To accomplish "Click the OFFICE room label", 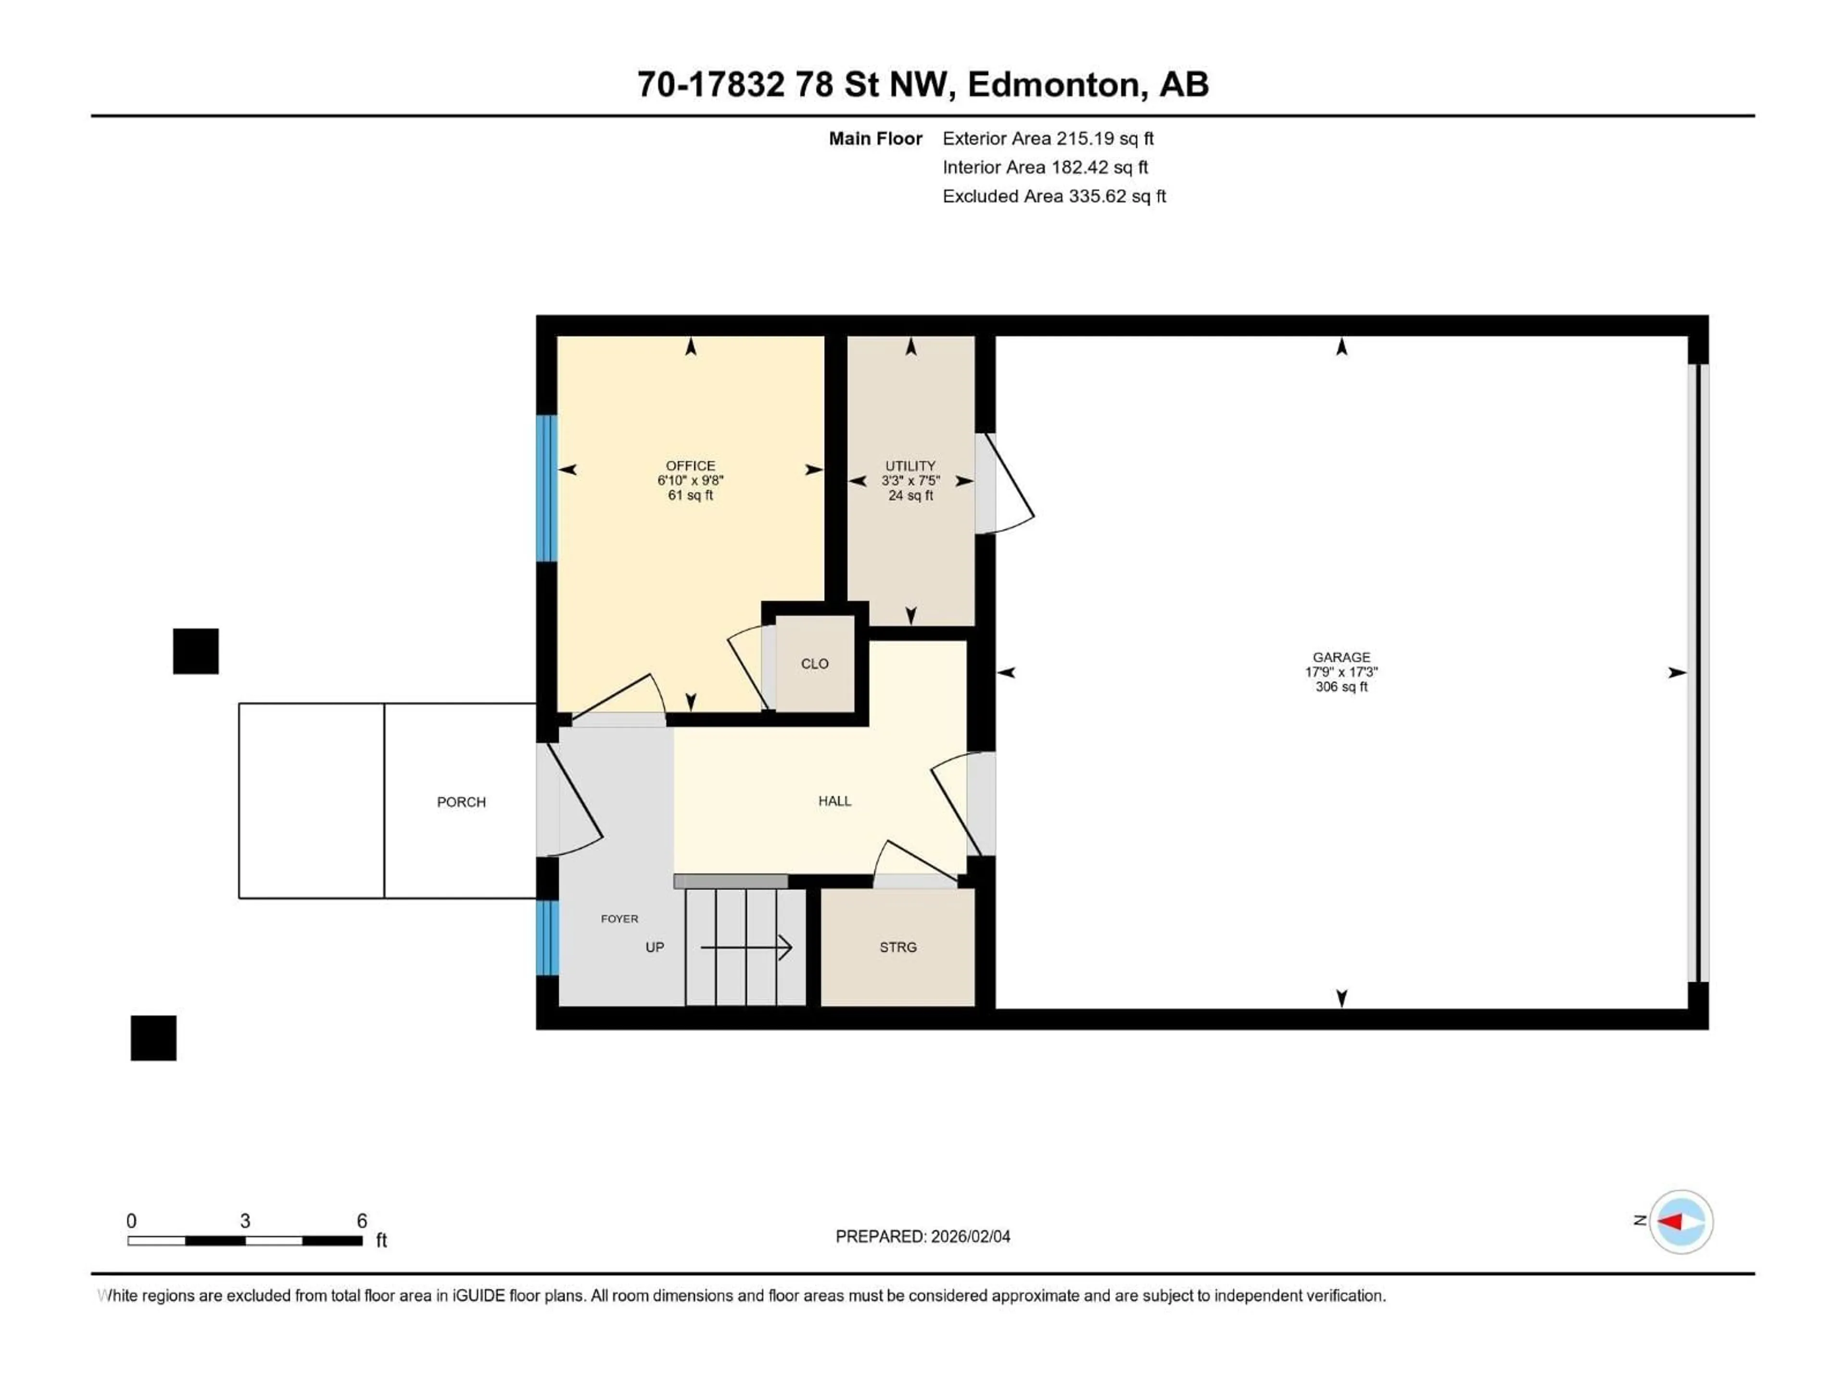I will [x=690, y=465].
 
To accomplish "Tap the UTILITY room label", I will [x=910, y=465].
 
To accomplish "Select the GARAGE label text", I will [x=1341, y=656].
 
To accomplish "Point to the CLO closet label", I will [x=814, y=663].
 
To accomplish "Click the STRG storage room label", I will [x=898, y=947].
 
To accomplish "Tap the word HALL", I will [x=834, y=800].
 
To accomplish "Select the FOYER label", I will [x=619, y=918].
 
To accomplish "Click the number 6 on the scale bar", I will [x=362, y=1220].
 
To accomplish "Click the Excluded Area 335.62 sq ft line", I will [x=1054, y=196].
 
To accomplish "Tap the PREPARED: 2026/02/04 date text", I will [x=923, y=1236].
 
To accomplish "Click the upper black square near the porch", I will [x=195, y=651].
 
